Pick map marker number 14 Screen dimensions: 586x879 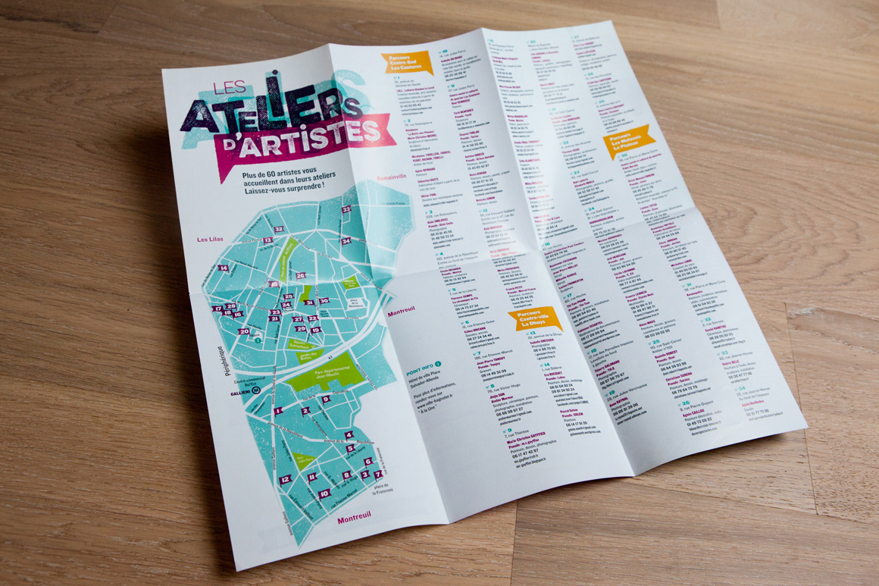(223, 268)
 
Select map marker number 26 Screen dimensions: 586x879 (301, 276)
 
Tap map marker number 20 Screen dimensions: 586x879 (244, 331)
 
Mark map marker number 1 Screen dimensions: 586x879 (278, 410)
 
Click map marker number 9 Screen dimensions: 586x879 (326, 400)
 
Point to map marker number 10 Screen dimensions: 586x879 (324, 494)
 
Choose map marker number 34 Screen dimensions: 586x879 (346, 242)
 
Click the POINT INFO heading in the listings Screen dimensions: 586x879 (424, 369)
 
